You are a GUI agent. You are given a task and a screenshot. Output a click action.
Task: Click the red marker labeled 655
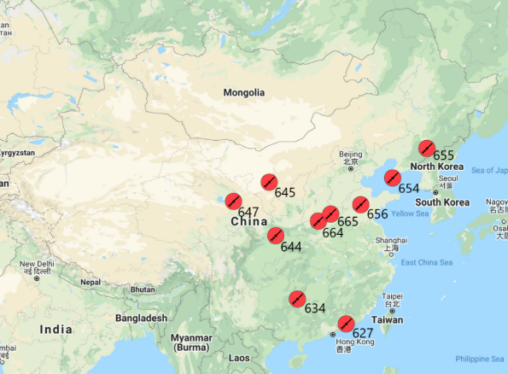[x=426, y=147]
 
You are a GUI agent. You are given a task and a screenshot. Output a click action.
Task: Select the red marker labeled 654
[x=392, y=178]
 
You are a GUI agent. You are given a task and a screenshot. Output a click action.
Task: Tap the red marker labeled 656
[x=360, y=204]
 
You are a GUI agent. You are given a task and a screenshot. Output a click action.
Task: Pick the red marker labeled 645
[x=268, y=181]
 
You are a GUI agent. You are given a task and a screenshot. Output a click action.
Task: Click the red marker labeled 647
[x=232, y=202]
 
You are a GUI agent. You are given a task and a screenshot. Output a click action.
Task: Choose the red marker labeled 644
[x=275, y=236]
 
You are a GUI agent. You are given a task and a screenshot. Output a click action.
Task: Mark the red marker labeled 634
[x=297, y=298]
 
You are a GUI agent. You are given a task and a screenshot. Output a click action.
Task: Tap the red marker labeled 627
[x=346, y=323]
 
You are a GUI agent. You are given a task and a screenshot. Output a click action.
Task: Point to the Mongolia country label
[x=243, y=92]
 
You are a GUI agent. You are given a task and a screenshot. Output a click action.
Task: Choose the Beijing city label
[x=350, y=154]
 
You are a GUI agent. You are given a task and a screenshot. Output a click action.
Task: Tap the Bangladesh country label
[x=142, y=318]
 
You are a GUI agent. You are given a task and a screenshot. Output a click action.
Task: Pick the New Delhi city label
[x=37, y=265]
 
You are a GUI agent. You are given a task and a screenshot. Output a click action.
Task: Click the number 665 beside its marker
[x=347, y=221]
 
